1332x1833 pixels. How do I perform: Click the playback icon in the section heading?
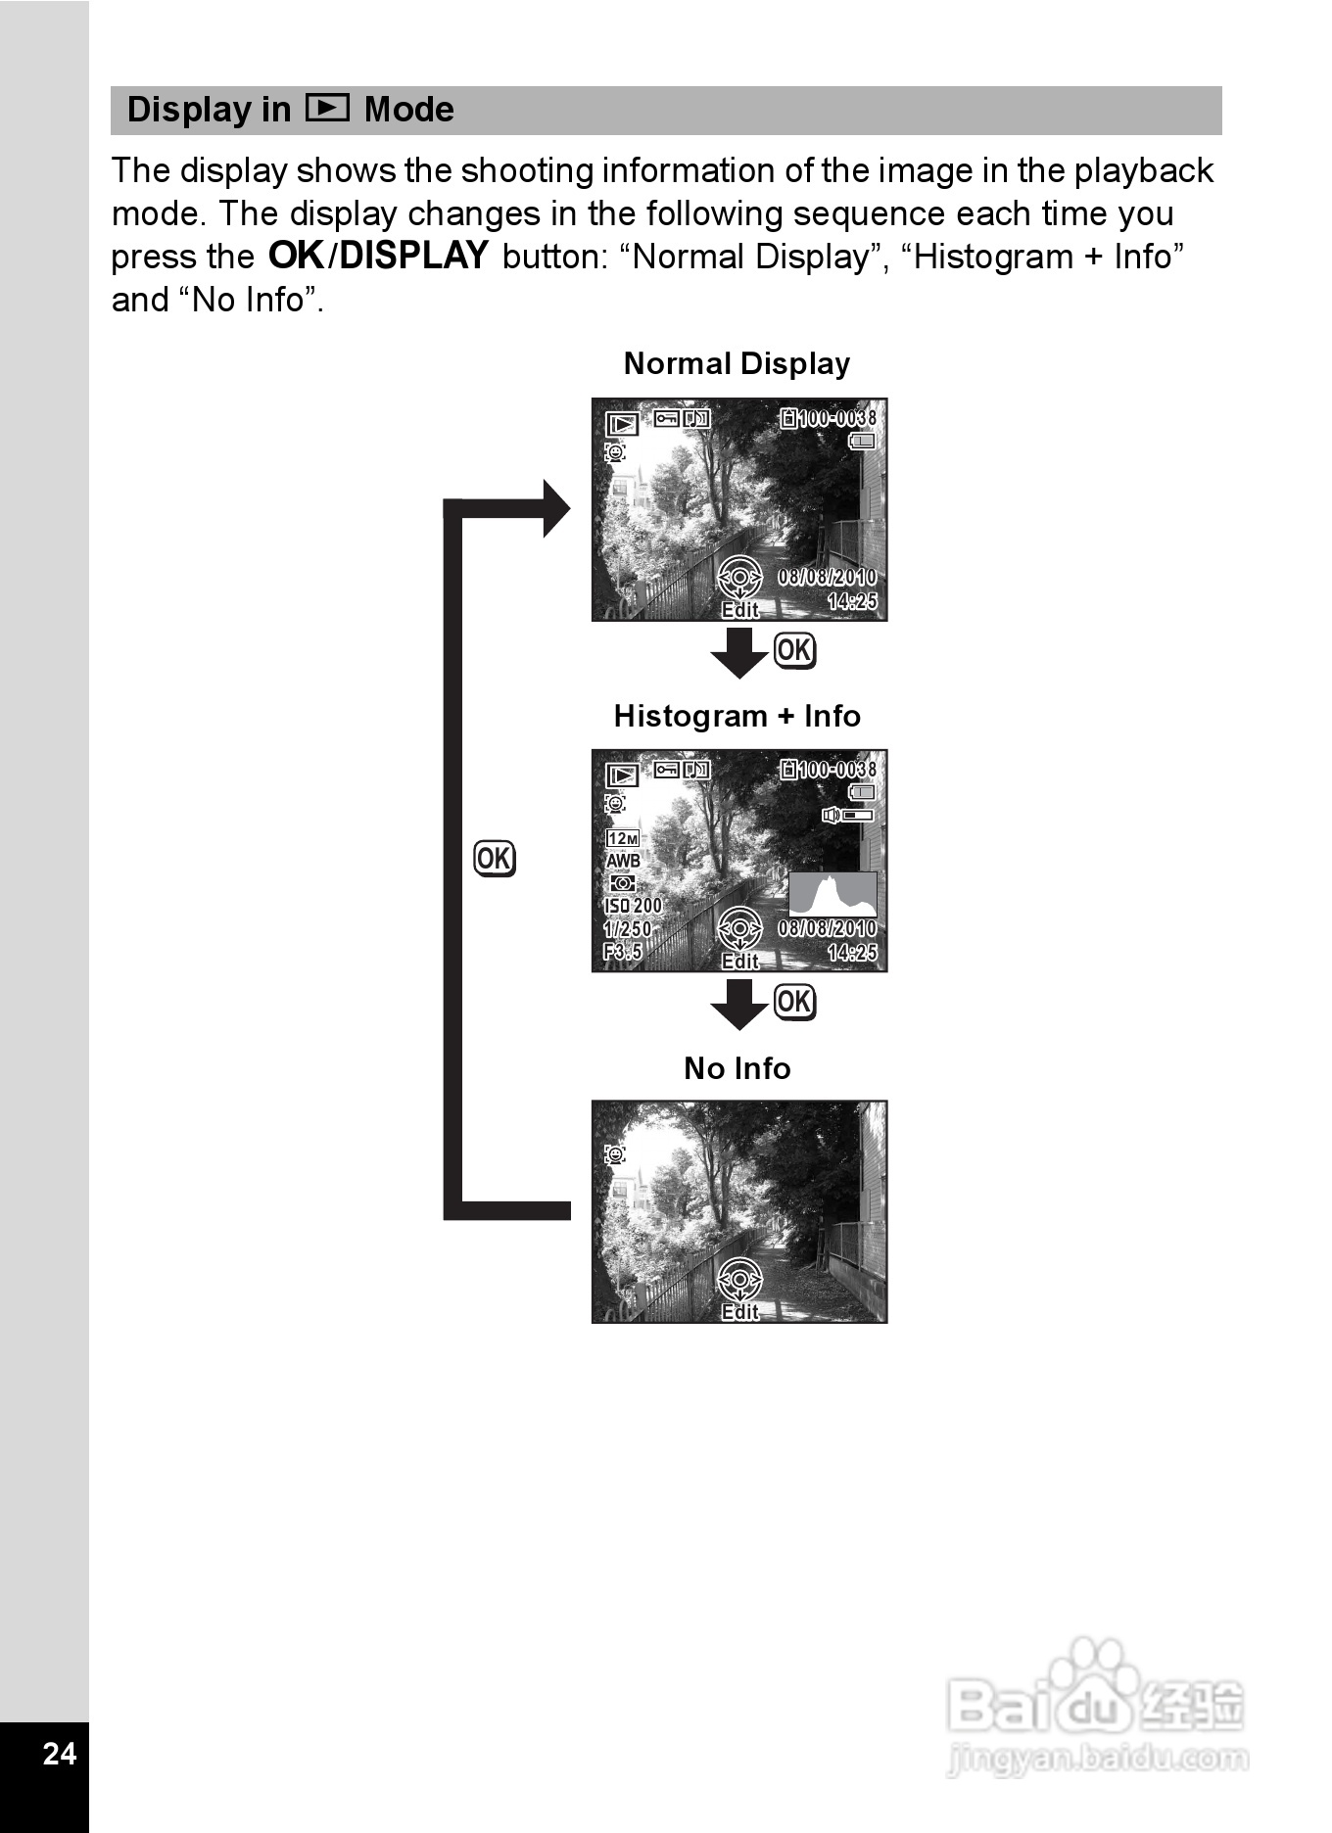tap(327, 107)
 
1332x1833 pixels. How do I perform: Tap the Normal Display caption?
tap(737, 363)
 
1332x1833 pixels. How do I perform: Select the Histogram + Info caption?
tap(737, 716)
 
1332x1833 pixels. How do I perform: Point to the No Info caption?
tap(737, 1067)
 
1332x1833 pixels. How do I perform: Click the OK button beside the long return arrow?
tap(494, 859)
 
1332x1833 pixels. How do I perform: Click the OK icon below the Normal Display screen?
tap(793, 650)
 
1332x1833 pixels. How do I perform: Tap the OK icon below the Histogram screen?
tap(793, 1002)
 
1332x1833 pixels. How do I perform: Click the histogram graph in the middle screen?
tap(832, 894)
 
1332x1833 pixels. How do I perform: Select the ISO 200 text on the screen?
tap(633, 906)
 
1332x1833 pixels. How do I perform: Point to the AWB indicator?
tap(623, 861)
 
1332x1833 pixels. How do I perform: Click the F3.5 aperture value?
tap(623, 952)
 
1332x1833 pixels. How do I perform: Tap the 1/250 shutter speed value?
tap(628, 929)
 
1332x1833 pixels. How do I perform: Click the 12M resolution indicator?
tap(623, 838)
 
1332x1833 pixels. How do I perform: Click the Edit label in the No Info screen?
tap(739, 1311)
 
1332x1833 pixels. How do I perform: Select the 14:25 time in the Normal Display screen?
tap(852, 601)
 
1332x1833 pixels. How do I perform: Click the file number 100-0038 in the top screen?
tap(837, 418)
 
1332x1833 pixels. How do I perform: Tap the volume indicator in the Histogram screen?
tap(847, 815)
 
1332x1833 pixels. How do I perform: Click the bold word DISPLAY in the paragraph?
tap(413, 256)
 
